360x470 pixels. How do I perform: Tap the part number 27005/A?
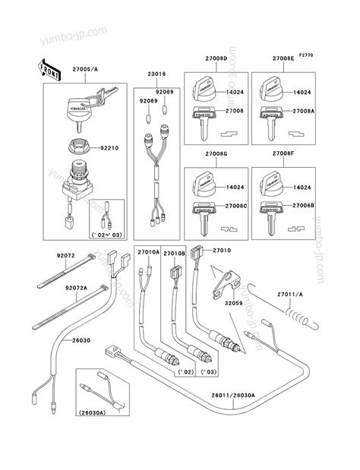point(85,69)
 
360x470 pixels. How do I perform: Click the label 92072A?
point(76,288)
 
